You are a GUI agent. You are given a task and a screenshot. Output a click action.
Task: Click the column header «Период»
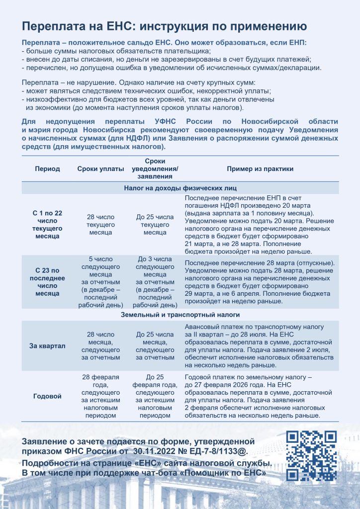(47, 169)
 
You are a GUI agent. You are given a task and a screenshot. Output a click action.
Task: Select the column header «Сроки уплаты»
(100, 169)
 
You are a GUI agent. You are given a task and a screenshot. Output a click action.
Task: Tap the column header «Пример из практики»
(260, 169)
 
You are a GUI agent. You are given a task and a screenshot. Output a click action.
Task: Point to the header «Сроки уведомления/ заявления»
(155, 169)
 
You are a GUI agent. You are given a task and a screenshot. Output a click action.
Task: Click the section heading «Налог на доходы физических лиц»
(180, 188)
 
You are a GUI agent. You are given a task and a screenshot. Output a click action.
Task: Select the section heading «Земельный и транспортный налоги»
(180, 315)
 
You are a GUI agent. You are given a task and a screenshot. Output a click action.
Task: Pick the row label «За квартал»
(47, 345)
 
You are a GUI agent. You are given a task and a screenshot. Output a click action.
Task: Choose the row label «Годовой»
(47, 396)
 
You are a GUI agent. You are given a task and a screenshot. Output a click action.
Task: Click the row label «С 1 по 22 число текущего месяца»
(47, 224)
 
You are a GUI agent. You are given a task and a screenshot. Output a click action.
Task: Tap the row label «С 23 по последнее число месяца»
(47, 282)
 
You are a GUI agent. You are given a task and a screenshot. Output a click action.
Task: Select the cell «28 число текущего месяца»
(100, 225)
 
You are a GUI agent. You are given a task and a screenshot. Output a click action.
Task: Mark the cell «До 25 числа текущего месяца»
(155, 225)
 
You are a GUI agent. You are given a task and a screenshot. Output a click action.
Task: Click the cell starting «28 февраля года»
(100, 396)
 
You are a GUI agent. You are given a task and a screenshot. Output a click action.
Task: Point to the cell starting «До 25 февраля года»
(155, 396)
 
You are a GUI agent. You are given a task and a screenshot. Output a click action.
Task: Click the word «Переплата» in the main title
(52, 26)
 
